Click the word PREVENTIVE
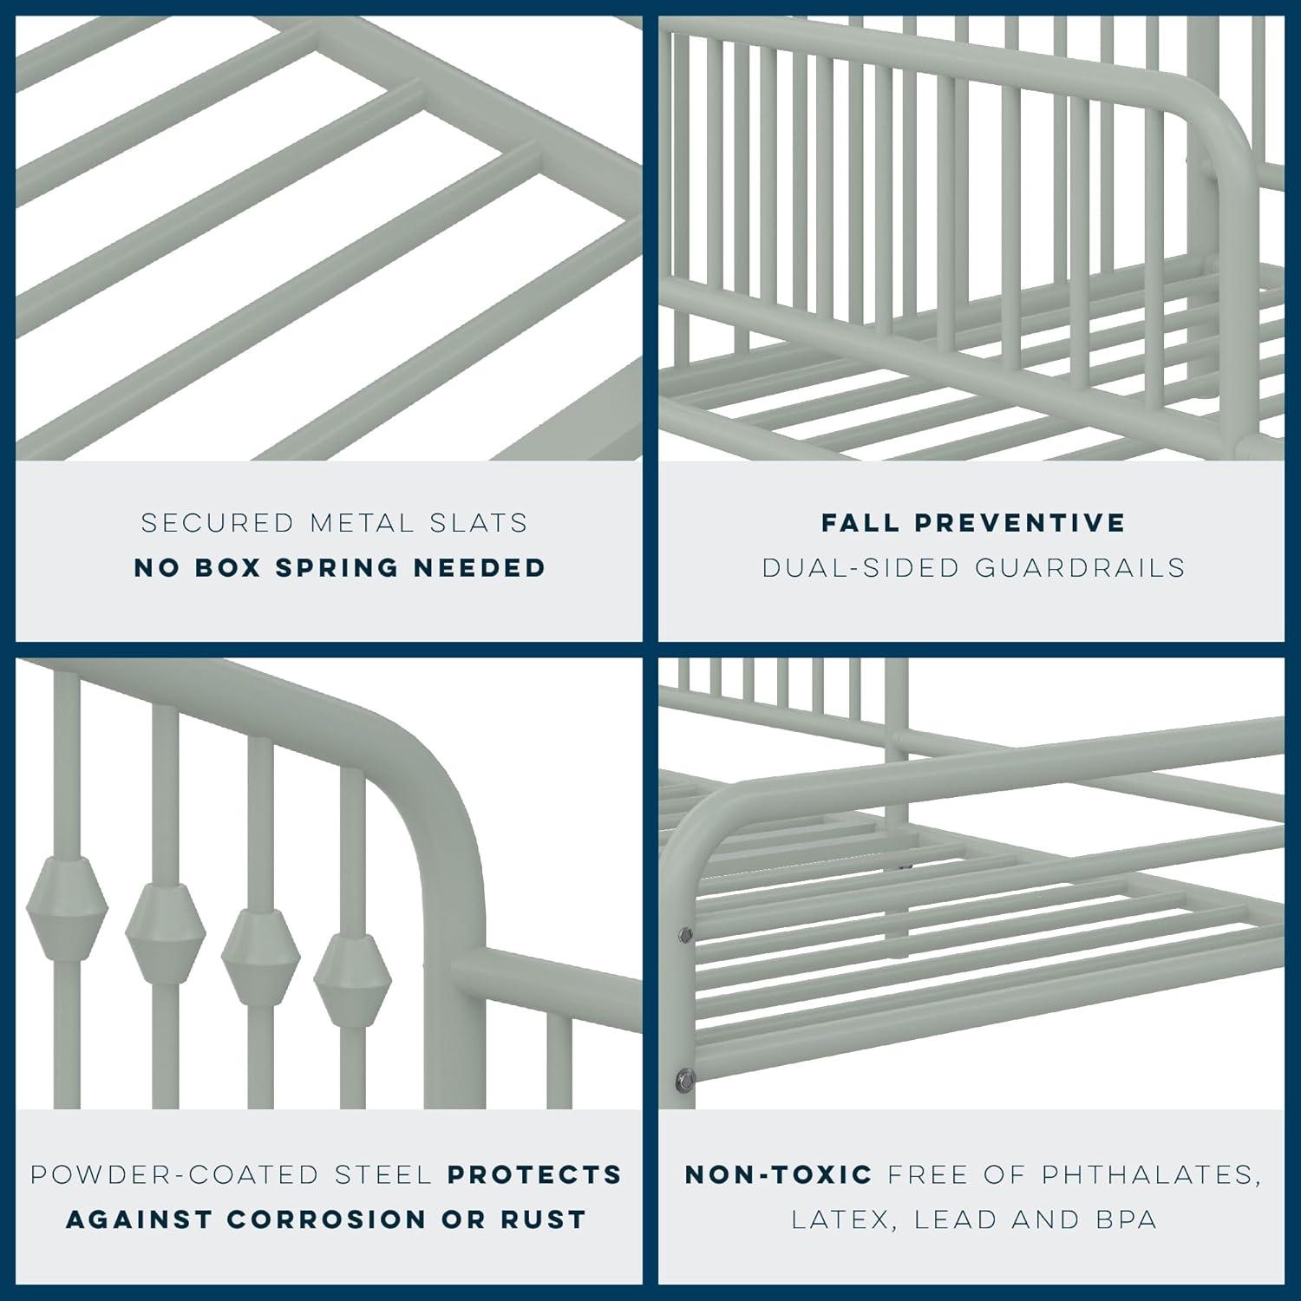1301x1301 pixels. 1020,523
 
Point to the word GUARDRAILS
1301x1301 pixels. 1080,567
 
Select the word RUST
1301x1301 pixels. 544,1219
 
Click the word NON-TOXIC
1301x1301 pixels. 779,1174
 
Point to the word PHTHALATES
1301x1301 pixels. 1150,1174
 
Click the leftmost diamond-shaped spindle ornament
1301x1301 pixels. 67,909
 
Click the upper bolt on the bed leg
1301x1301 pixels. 684,934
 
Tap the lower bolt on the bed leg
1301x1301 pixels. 685,1080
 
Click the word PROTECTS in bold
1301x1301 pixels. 535,1174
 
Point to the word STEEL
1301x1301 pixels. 383,1174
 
